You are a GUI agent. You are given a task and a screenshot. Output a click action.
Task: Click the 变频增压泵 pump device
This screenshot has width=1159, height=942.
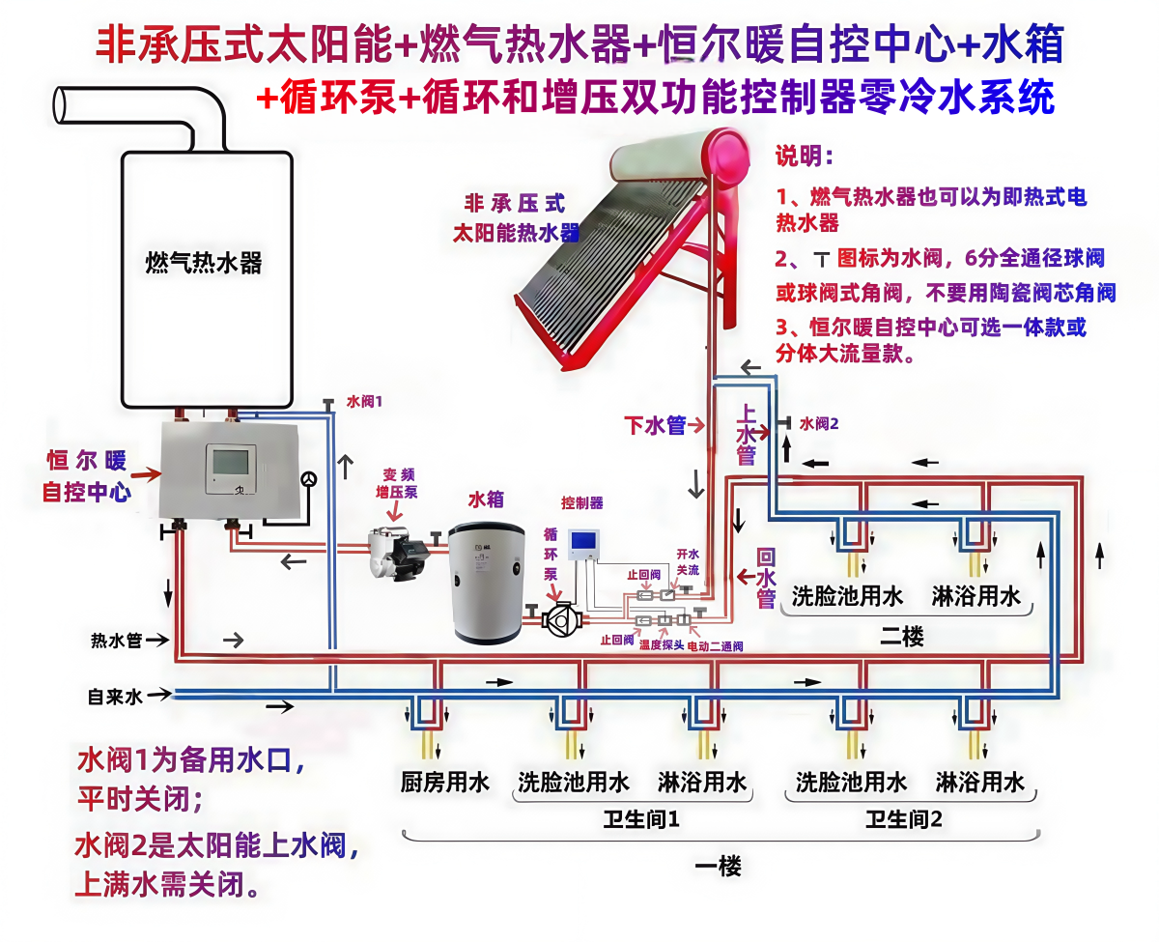398,554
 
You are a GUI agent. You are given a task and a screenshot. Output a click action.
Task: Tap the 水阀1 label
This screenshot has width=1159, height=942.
365,401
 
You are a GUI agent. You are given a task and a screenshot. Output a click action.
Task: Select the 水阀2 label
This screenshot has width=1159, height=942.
820,423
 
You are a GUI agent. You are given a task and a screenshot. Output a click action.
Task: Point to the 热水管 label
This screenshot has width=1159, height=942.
116,640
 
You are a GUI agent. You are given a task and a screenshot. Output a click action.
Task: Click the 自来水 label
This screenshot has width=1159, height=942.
115,695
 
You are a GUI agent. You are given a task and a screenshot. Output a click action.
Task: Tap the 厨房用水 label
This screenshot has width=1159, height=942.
445,782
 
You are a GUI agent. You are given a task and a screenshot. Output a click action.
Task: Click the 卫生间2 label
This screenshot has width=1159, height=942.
903,820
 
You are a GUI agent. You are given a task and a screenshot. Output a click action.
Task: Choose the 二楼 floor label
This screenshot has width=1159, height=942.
902,637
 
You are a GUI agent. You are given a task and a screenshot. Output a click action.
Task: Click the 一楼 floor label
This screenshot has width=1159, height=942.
719,867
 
